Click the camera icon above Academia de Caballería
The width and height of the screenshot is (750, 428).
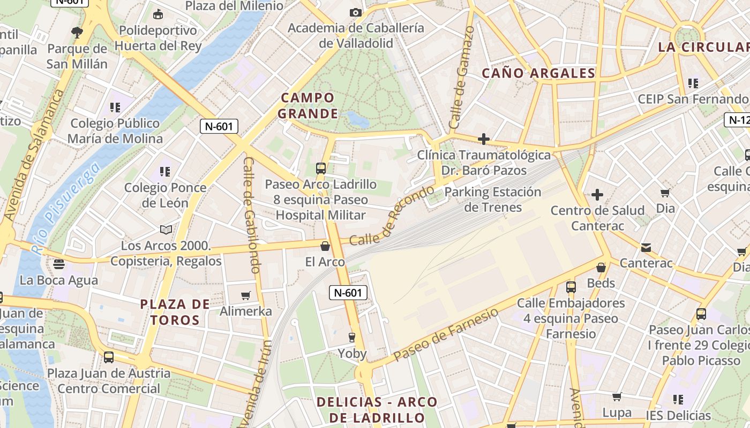[355, 12]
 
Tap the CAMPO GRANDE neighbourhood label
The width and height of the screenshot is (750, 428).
[308, 105]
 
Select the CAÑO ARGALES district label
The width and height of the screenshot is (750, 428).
[538, 73]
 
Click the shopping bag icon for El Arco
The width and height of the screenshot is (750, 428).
[325, 246]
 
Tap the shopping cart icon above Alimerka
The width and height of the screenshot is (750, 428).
[246, 295]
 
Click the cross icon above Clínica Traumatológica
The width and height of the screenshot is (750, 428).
[484, 140]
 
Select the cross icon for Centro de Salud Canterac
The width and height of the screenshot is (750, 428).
[597, 195]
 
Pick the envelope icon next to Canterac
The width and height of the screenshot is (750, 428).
[646, 247]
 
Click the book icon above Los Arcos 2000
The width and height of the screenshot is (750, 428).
[167, 230]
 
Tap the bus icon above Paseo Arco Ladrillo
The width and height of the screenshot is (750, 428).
[320, 169]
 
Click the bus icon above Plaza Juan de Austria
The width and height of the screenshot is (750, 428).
[109, 357]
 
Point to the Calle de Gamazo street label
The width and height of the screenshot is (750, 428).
[462, 78]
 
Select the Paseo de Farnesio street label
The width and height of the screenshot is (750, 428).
[446, 335]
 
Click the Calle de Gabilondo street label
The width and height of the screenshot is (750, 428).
[252, 214]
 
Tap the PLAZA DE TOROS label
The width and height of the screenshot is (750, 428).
[175, 312]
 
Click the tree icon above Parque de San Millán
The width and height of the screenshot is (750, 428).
[77, 32]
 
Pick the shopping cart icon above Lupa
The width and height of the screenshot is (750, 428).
[617, 397]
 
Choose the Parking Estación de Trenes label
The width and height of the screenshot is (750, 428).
[492, 199]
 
